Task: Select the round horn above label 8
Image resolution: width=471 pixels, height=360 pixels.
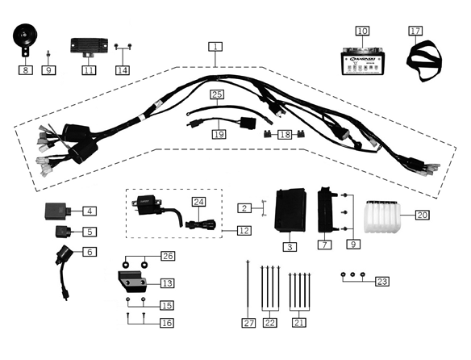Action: (26, 40)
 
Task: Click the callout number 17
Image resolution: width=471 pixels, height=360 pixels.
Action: (415, 31)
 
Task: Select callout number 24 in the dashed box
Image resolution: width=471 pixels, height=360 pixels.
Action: (199, 200)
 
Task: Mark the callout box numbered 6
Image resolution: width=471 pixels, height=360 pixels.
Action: (90, 252)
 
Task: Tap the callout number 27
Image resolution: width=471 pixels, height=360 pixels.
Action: (248, 323)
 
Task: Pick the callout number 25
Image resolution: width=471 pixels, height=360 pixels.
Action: (217, 95)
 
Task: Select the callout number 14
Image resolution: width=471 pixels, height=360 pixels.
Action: (122, 69)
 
